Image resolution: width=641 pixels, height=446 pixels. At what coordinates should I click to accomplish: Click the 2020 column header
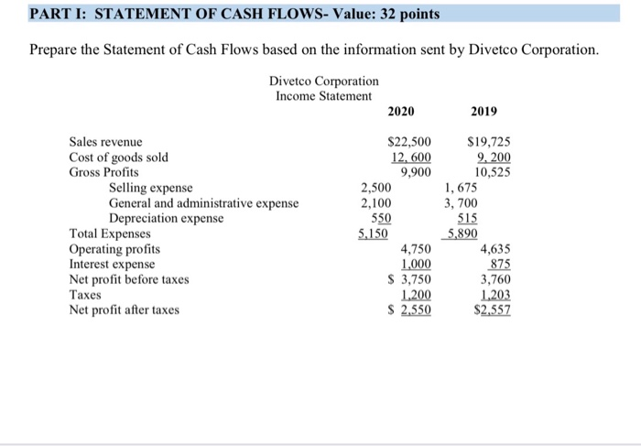tap(400, 112)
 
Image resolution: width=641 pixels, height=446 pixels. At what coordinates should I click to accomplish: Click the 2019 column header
tap(483, 112)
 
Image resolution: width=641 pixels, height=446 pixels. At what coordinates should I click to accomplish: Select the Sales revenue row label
tap(106, 142)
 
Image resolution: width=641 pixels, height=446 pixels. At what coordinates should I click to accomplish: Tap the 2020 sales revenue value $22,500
tap(410, 142)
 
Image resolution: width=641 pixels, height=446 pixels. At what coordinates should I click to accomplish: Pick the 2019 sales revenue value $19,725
tap(490, 142)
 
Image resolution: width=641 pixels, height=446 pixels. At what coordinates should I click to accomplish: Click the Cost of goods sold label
tap(119, 157)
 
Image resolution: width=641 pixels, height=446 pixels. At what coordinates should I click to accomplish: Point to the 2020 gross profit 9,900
tap(417, 172)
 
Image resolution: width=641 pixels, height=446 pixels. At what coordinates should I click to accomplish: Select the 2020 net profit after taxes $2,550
tap(411, 310)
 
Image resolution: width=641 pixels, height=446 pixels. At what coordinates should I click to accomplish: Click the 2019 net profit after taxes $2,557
tap(490, 310)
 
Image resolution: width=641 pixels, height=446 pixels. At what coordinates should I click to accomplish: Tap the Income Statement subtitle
tap(324, 95)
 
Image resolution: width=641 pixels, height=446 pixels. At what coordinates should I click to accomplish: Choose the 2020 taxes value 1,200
tap(417, 294)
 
